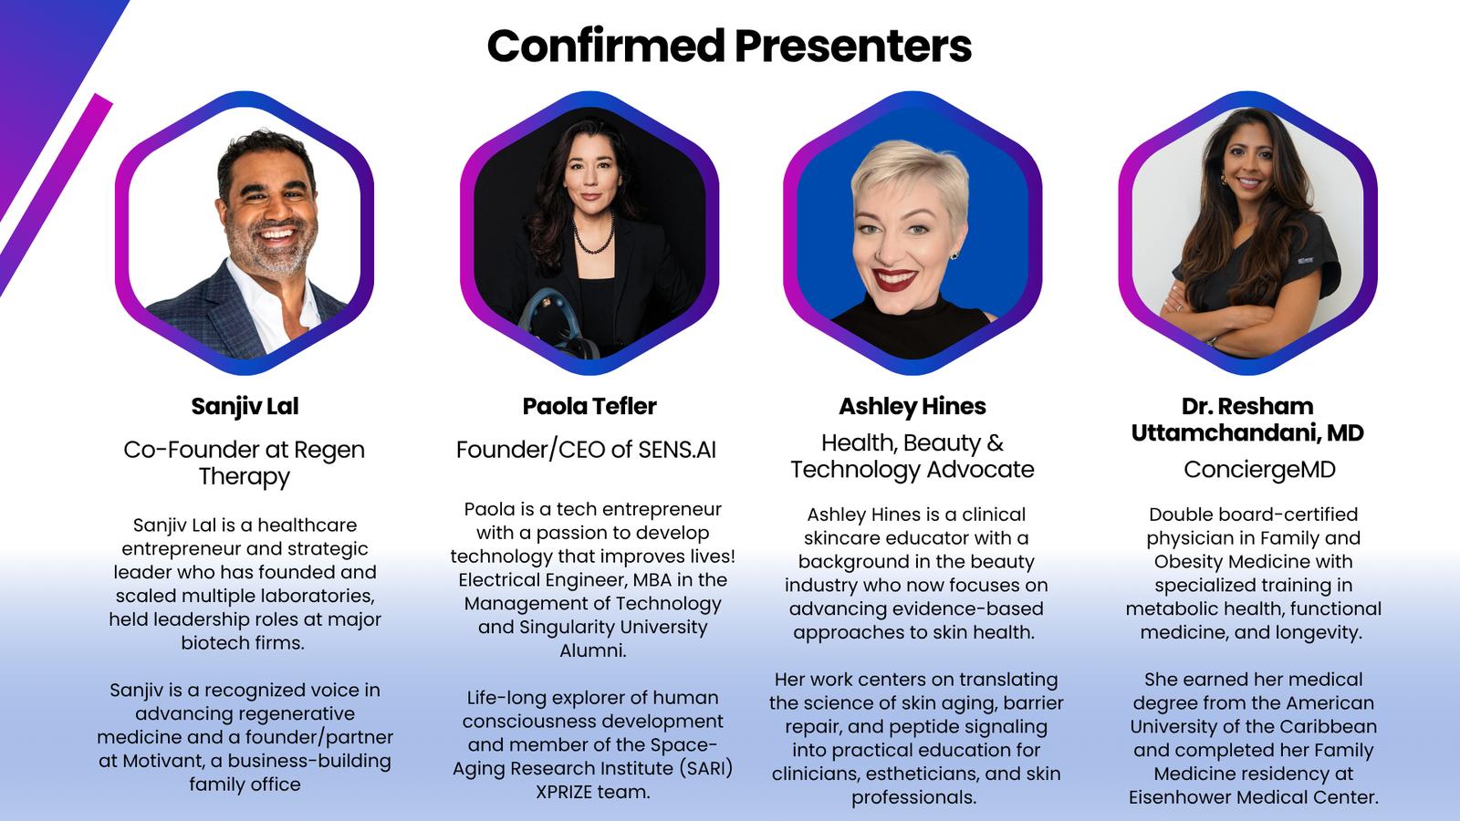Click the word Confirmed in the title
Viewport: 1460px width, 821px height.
click(606, 46)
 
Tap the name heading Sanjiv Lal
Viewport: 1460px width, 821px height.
click(245, 407)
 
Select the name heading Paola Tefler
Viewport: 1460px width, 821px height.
click(589, 406)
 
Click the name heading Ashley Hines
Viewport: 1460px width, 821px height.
click(912, 407)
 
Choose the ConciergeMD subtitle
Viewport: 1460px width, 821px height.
click(1259, 469)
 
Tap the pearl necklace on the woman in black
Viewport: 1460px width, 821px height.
click(592, 234)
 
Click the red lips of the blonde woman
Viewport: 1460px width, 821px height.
click(894, 279)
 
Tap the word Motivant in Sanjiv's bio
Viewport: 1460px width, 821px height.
click(165, 761)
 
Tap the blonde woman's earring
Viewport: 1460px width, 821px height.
click(954, 255)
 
